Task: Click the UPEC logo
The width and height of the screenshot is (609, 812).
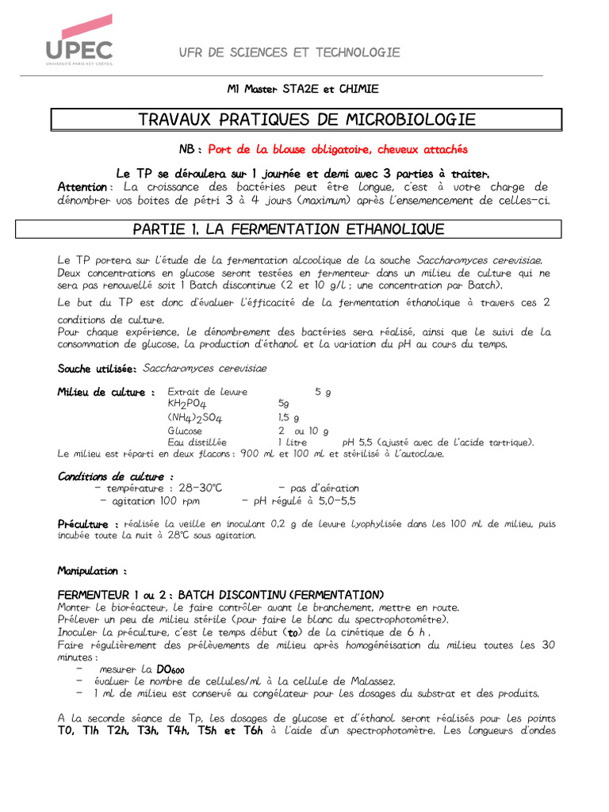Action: pos(79,40)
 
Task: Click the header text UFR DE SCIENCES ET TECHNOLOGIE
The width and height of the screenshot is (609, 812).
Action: pos(289,52)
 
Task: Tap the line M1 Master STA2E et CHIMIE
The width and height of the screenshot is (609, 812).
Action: pos(302,90)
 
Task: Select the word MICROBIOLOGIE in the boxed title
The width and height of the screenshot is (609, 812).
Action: pos(411,120)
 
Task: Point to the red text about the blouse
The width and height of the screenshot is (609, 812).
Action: pos(338,149)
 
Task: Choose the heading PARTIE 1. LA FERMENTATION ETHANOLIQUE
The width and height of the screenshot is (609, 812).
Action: pos(289,229)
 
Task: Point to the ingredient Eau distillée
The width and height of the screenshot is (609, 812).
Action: pos(197,442)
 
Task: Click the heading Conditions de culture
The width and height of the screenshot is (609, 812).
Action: pos(116,477)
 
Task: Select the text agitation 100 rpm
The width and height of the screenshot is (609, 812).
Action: pos(151,501)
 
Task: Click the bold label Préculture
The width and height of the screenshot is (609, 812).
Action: pos(88,524)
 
